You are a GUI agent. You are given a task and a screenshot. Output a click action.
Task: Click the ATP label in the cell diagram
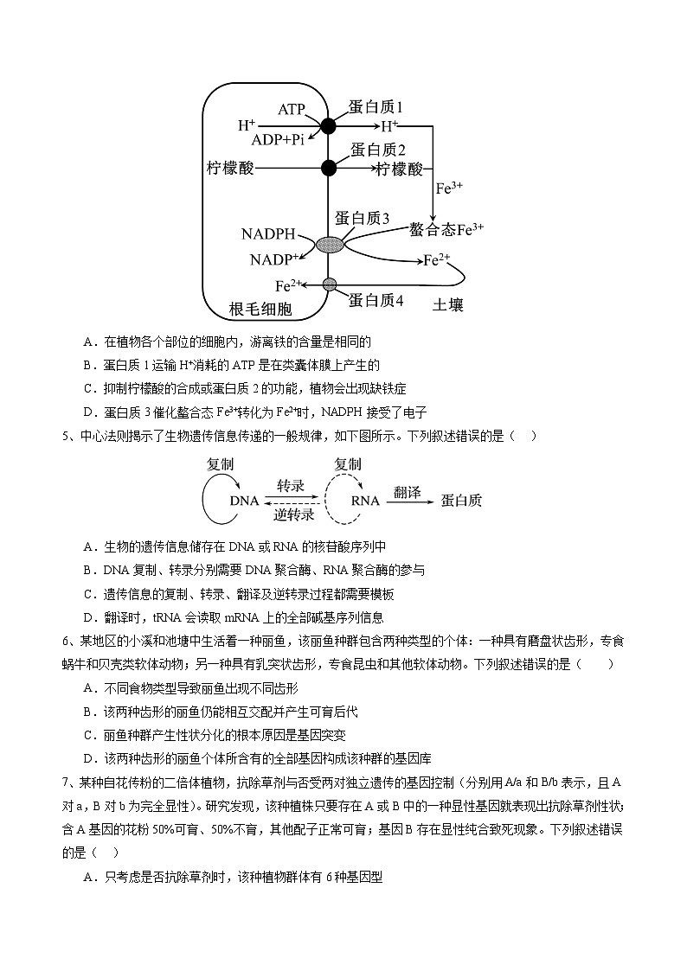tap(292, 110)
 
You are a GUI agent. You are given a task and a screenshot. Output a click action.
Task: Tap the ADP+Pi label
tap(278, 140)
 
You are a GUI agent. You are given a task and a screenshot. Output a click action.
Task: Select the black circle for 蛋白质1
tap(328, 125)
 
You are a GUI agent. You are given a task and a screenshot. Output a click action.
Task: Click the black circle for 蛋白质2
tap(328, 168)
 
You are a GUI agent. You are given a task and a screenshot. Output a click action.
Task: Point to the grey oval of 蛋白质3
tap(329, 245)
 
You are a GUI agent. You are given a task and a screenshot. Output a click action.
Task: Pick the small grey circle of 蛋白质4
tap(329, 284)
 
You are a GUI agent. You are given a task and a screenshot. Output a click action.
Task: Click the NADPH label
tap(269, 234)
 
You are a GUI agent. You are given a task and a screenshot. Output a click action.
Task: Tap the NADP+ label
tap(273, 259)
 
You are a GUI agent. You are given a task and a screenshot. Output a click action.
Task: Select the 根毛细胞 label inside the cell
tap(260, 309)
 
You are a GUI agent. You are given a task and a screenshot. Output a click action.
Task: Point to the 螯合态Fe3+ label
tap(446, 230)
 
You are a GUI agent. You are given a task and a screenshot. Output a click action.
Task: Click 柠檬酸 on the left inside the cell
tap(231, 168)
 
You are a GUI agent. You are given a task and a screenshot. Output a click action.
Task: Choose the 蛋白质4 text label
tap(376, 300)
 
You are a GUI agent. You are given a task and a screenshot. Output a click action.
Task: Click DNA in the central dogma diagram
tap(244, 501)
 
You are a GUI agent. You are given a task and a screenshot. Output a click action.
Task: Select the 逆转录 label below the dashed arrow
tap(294, 515)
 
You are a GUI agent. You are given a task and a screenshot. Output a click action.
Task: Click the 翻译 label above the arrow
tap(407, 492)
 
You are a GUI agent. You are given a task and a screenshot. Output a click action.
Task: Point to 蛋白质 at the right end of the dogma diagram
tap(461, 501)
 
